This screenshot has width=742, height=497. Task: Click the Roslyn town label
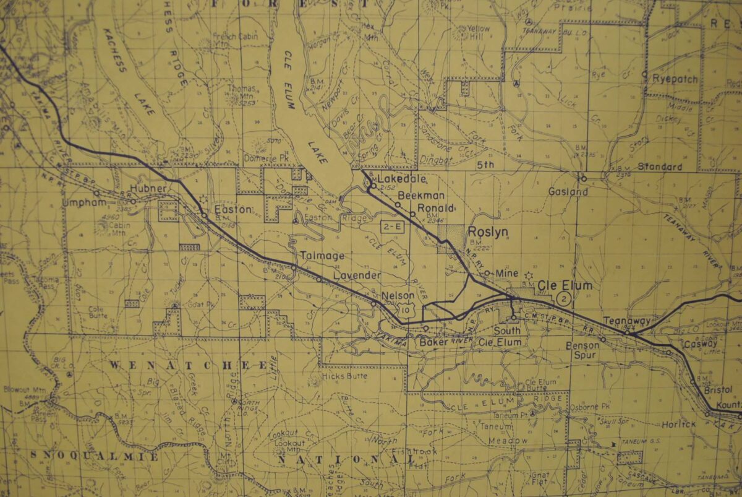tap(488, 231)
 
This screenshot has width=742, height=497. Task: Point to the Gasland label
tap(568, 192)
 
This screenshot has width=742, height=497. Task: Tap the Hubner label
tap(148, 188)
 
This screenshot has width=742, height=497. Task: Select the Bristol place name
tap(717, 389)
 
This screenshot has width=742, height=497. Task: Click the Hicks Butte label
tap(344, 376)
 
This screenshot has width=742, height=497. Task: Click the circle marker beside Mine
tap(487, 272)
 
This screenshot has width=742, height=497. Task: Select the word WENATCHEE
tap(189, 365)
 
